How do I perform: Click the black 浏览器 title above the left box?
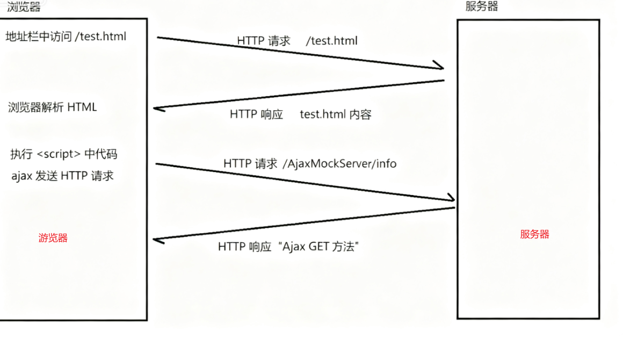pos(24,7)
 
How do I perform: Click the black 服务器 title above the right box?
pos(481,6)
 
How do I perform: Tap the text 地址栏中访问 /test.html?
pos(66,37)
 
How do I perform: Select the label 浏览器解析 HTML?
pos(53,107)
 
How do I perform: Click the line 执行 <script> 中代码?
pos(63,154)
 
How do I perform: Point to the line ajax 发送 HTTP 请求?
pos(62,176)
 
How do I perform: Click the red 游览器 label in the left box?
pos(53,238)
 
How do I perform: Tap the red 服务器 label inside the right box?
pos(534,234)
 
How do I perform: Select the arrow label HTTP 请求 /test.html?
pos(297,41)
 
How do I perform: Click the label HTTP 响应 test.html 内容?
pos(300,114)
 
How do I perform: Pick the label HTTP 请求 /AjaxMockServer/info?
pos(310,163)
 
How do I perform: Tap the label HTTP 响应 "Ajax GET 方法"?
pos(288,247)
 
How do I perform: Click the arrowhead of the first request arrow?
pos(440,68)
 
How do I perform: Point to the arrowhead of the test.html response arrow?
pos(156,109)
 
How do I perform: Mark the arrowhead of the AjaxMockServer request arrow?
pos(452,200)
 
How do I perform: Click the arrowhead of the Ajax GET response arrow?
pos(156,240)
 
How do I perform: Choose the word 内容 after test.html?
pos(360,114)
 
